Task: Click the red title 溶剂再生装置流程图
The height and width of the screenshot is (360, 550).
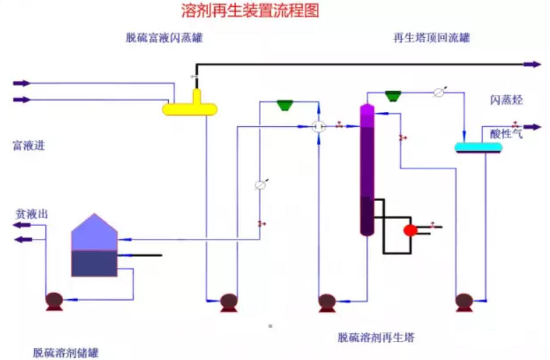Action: coord(250,10)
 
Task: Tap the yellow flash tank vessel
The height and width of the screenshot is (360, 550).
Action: coord(190,108)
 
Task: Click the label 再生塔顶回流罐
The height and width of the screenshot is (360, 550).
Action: coord(431,38)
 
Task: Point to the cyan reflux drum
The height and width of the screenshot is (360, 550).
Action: coord(478,148)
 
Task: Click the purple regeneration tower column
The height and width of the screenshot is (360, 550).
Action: coord(367,168)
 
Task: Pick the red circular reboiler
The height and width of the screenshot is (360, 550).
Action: coord(411,230)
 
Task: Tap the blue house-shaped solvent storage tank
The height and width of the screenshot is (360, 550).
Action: coord(94,246)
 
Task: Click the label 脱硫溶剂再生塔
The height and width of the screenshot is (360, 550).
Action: coord(376,337)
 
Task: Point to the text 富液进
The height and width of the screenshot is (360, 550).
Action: coord(29,146)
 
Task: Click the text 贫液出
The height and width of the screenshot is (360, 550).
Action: coord(31,214)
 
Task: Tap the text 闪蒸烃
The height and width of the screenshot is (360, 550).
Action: coord(506,100)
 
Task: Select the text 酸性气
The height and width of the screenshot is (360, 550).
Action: coord(506,134)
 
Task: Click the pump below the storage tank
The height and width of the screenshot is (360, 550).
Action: coord(55,300)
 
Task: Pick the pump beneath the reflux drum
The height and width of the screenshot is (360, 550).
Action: coord(464,301)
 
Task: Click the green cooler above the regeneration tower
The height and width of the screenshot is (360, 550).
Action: coord(393,94)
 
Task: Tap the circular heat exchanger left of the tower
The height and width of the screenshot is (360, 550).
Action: coord(319,126)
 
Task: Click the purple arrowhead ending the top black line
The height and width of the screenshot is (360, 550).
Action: coord(533,64)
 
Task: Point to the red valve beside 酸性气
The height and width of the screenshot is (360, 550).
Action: coord(515,124)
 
